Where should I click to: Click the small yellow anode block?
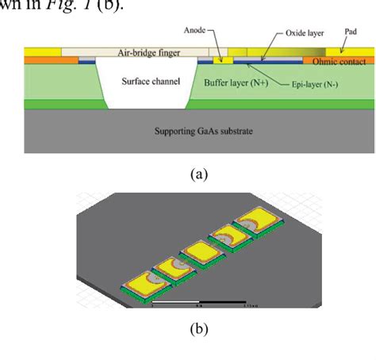click(x=226, y=59)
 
